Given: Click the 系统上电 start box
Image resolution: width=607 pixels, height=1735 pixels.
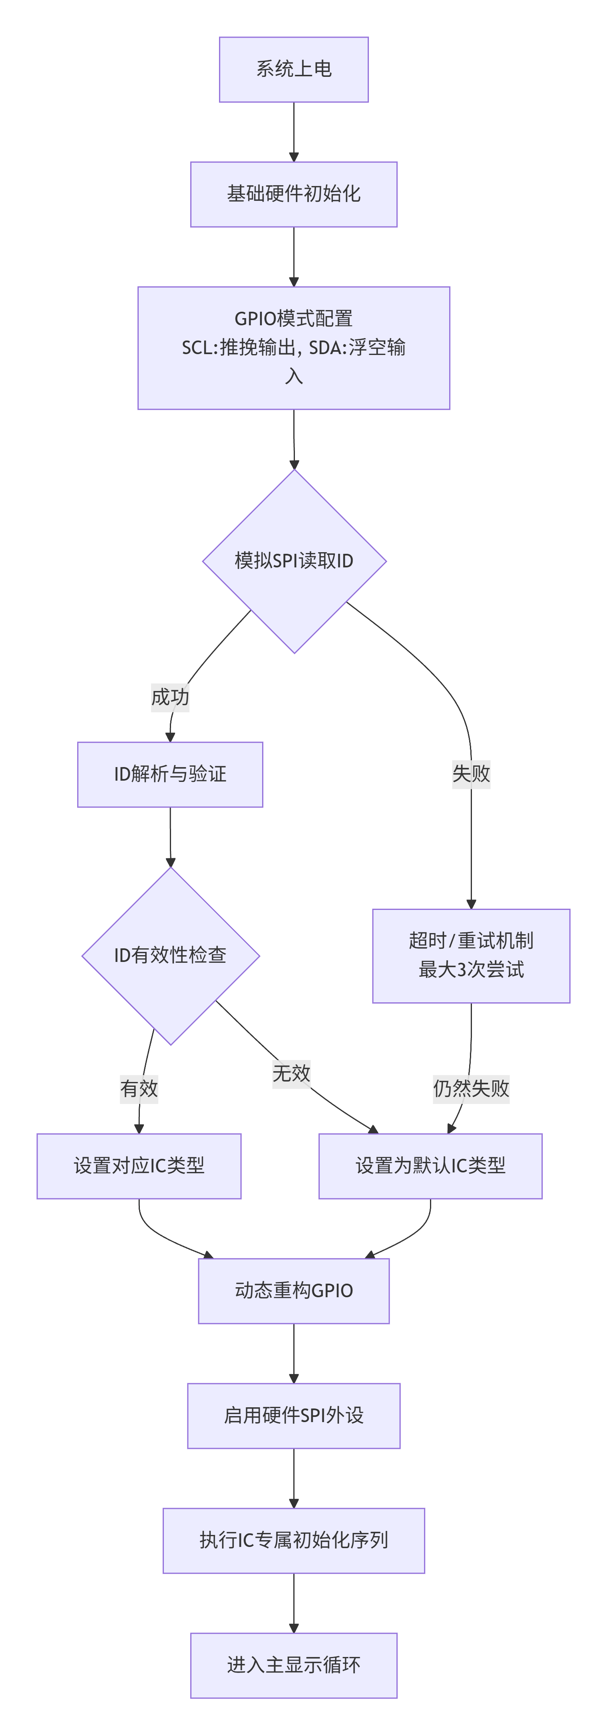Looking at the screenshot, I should (293, 69).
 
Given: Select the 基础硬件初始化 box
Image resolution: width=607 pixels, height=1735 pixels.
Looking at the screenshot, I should (293, 194).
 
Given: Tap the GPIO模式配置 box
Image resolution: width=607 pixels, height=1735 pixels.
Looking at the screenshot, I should (293, 348).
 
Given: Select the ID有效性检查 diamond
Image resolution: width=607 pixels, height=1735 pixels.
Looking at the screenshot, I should (170, 955).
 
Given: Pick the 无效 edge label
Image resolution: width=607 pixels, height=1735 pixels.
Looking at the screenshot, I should (291, 1073).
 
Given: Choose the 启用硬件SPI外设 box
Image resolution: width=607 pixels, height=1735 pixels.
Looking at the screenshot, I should (293, 1415).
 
